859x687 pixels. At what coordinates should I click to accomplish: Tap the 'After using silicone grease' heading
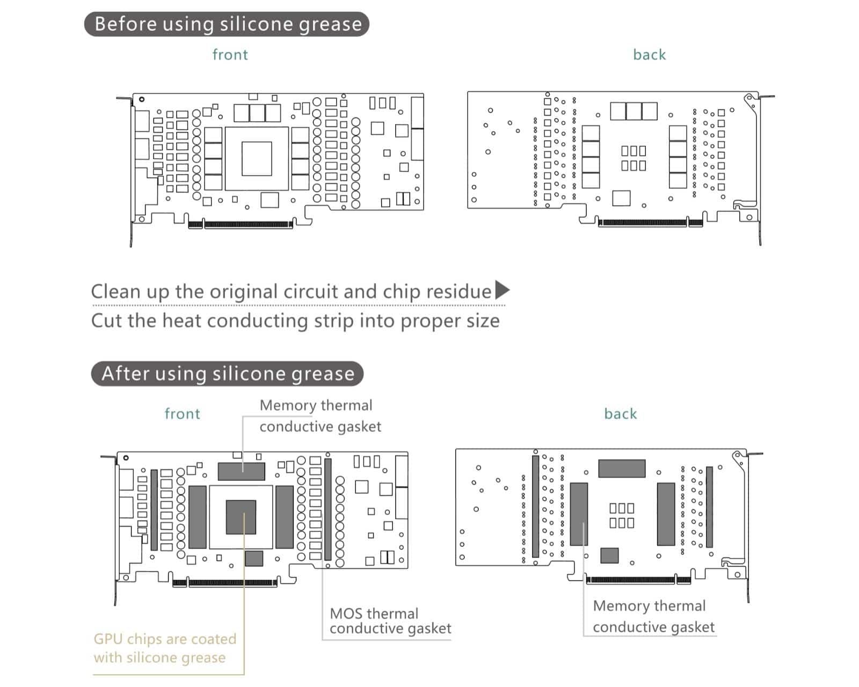[227, 374]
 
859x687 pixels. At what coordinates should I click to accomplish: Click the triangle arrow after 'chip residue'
[502, 290]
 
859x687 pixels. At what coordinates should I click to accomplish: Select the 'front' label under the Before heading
[230, 55]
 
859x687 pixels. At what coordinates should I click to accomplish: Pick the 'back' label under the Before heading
[649, 55]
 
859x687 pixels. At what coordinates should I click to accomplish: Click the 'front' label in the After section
[182, 414]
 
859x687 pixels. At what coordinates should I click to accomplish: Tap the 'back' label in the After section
[620, 414]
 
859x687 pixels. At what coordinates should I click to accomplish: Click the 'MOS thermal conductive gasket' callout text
[390, 621]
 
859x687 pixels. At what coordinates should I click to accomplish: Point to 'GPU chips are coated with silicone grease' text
[165, 648]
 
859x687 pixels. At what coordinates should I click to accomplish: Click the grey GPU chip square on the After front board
[241, 517]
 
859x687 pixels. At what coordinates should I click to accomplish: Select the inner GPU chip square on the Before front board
[257, 158]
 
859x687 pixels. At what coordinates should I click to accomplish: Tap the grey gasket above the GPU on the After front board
[241, 471]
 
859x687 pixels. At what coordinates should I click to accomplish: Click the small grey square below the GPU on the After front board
[254, 558]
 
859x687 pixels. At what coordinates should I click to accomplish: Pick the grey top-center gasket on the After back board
[622, 468]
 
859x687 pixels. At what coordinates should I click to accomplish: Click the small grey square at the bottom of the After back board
[609, 555]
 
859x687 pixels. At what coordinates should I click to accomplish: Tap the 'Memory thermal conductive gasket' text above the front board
[320, 416]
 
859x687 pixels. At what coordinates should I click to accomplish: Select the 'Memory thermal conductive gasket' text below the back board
[653, 616]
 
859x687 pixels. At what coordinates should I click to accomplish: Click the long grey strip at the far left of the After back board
[535, 506]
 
